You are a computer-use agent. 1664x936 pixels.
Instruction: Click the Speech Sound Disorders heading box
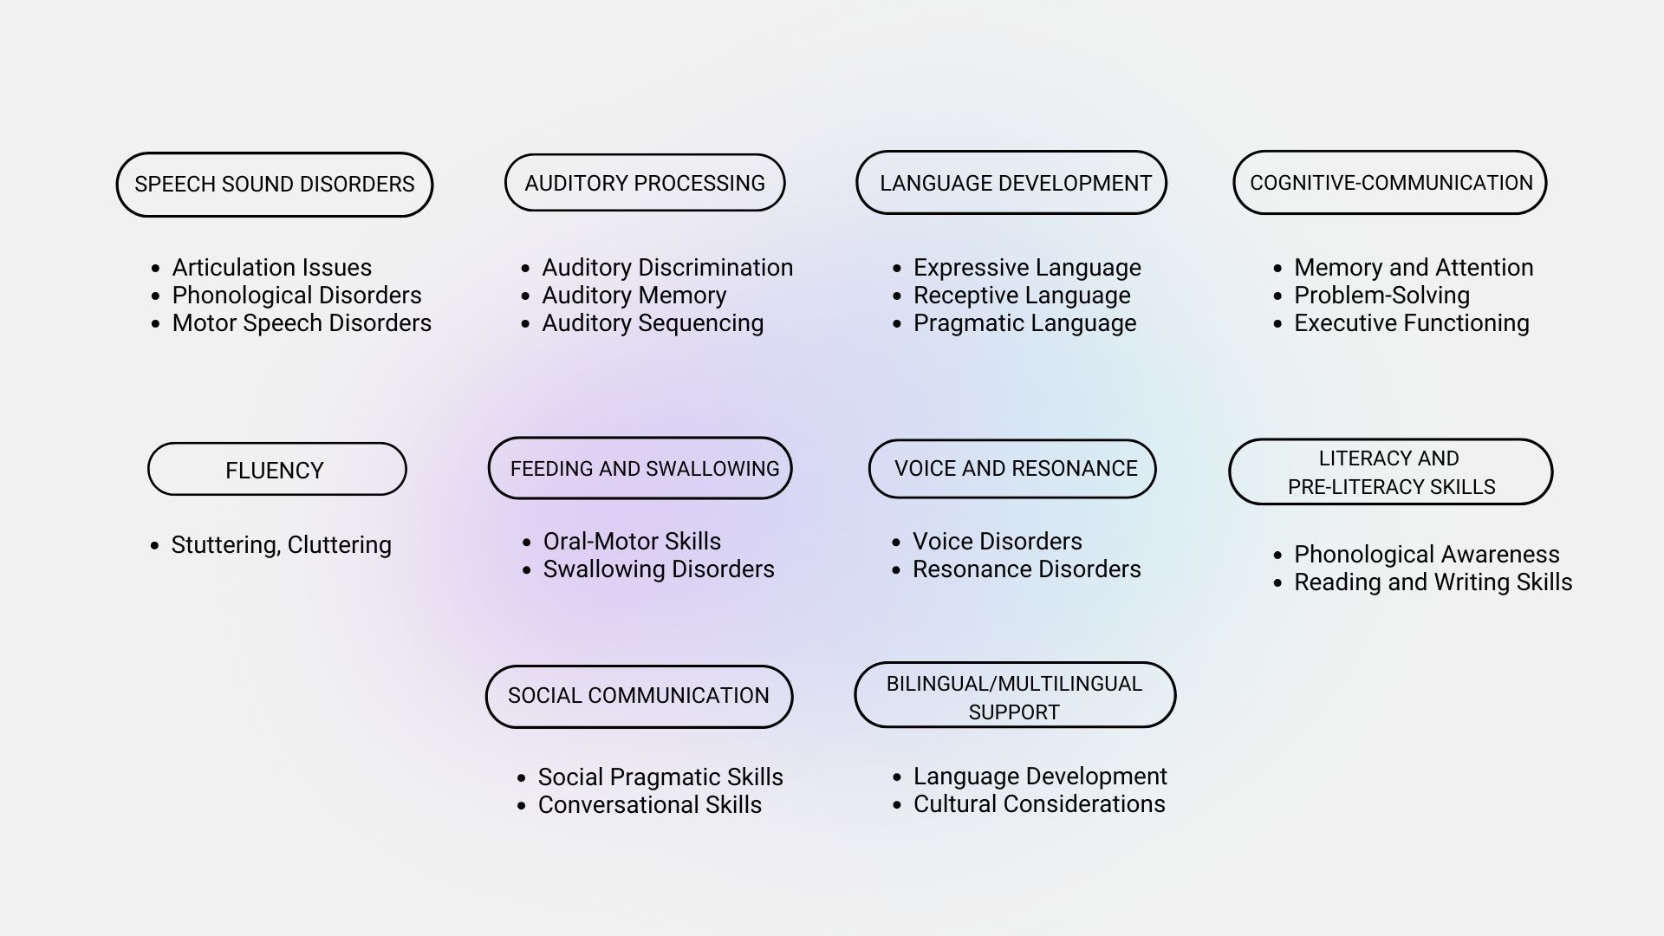coord(275,185)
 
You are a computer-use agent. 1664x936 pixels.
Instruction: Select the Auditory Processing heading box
coord(645,183)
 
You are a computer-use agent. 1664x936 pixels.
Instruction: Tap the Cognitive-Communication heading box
coord(1390,183)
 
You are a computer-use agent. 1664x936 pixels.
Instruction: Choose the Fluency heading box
coord(277,470)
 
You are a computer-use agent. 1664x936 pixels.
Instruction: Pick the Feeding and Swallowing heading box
coord(640,468)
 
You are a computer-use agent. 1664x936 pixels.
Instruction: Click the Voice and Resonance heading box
coord(1012,469)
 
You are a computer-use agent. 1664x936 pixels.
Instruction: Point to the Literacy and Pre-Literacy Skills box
coord(1391,472)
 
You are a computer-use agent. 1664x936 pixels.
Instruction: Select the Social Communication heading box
coord(640,697)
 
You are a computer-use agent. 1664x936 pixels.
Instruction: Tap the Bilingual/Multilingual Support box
coord(1015,696)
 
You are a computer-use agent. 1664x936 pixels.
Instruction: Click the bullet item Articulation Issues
coord(271,268)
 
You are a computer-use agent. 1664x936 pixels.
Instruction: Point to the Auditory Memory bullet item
coord(634,296)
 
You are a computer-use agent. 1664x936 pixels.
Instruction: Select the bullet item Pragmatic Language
coord(1024,323)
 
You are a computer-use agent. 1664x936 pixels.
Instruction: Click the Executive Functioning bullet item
coord(1412,323)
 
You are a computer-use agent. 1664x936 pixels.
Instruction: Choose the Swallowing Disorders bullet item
coord(659,569)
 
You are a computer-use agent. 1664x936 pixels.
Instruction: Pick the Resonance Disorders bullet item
coord(1027,569)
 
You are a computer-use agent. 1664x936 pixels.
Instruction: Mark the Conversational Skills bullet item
coord(650,805)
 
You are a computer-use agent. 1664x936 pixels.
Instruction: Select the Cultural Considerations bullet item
coord(1039,804)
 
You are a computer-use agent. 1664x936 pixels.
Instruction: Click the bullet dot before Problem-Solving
coord(1278,296)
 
